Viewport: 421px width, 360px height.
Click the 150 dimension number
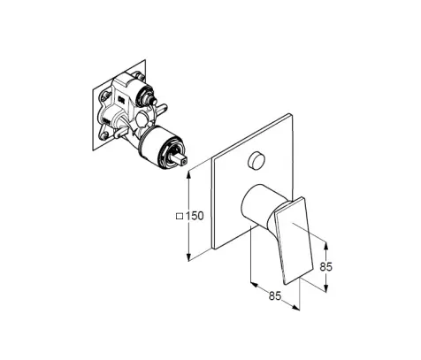pos(195,216)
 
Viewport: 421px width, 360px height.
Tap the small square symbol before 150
pos(180,216)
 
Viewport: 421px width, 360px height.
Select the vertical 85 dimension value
pos(326,266)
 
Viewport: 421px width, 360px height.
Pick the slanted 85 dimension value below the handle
pos(275,295)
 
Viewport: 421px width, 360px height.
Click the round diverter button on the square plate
pos(256,160)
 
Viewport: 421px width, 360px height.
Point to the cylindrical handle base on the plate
pos(259,206)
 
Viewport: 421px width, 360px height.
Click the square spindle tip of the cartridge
pos(181,159)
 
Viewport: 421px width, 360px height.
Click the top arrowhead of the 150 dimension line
pos(188,174)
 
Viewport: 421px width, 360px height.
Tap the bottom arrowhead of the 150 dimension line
pos(188,257)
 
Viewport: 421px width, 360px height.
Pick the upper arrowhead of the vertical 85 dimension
pos(325,246)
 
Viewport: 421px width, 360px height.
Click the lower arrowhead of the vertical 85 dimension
pos(325,288)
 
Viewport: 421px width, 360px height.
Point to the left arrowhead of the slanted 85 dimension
pos(254,285)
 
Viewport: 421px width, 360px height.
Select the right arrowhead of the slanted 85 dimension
pos(295,307)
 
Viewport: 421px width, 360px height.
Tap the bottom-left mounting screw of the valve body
pos(103,135)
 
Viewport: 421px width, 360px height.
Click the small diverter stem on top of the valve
pos(153,102)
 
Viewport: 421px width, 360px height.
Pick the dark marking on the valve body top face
pos(121,100)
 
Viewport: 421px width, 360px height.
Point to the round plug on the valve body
pos(142,120)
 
